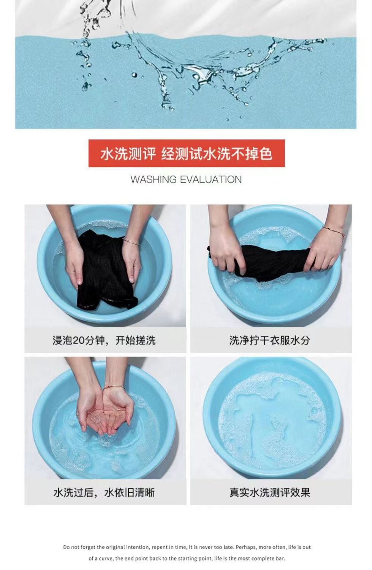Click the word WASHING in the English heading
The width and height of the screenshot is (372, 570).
[x=154, y=179]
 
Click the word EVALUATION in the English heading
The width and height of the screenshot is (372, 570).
[x=211, y=179]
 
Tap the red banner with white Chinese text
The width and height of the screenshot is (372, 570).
[x=187, y=154]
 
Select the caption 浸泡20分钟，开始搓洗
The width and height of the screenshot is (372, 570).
[x=104, y=340]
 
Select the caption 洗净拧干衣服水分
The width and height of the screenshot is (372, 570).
[x=269, y=340]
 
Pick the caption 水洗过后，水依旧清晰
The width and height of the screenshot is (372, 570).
[x=104, y=493]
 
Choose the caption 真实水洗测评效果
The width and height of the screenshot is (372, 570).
[x=269, y=493]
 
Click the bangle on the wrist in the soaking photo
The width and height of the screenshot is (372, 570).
[x=131, y=241]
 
